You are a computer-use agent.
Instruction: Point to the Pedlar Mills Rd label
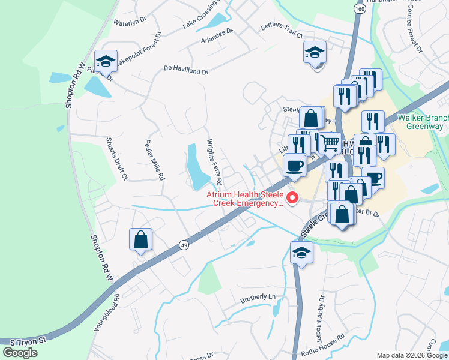pos(154,160)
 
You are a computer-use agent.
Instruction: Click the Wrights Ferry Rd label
pos(215,162)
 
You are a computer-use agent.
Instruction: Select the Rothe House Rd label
pos(324,337)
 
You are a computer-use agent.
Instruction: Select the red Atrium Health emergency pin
pos(293,197)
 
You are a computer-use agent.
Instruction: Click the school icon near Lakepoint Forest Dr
pos(106,61)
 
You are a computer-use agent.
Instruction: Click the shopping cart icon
pos(329,143)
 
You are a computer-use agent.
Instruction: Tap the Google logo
pos(20,353)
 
